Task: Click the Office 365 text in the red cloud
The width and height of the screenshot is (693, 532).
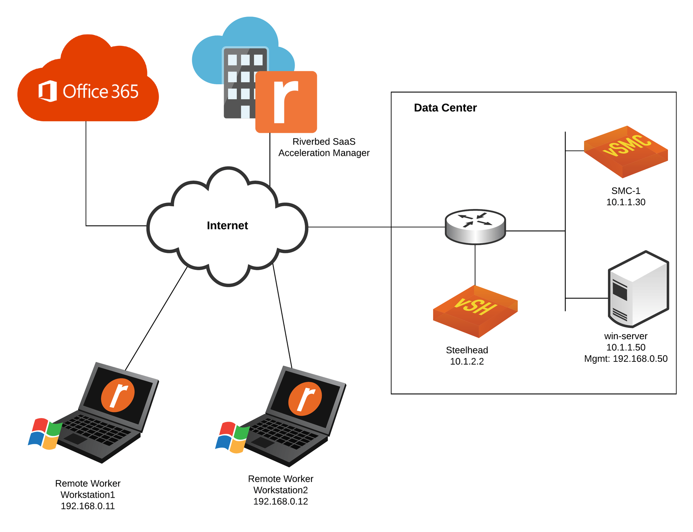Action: pos(100,92)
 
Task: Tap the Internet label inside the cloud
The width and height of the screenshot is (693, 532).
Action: pos(227,226)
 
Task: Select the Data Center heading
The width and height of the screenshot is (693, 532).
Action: pos(445,108)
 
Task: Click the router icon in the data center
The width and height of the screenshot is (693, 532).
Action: pos(475,227)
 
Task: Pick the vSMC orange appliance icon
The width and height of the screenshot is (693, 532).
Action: pos(626,151)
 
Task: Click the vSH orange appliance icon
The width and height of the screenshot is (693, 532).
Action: pos(475,311)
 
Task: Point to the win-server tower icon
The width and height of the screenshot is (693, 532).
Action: pos(638,289)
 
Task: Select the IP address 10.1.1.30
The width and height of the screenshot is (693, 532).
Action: pos(626,202)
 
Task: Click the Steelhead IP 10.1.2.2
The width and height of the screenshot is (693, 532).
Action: pos(467,361)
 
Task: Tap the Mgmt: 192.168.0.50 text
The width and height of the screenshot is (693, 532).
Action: pos(626,359)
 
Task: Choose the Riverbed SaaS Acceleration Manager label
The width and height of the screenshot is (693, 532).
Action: pos(324,147)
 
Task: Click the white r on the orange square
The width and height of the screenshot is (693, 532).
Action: pos(286,102)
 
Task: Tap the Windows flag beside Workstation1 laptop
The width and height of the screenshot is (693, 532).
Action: pos(45,433)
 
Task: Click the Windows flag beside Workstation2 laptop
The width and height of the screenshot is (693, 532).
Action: pos(232,437)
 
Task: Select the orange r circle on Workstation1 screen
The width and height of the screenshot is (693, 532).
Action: pos(118,395)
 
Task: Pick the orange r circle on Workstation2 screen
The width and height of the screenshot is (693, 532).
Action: pos(305,399)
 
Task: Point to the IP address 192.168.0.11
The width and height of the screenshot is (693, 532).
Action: pos(88,506)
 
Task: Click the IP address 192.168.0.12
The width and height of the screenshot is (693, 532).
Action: pos(280,502)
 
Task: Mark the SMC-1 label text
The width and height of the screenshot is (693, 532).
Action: pos(626,191)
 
